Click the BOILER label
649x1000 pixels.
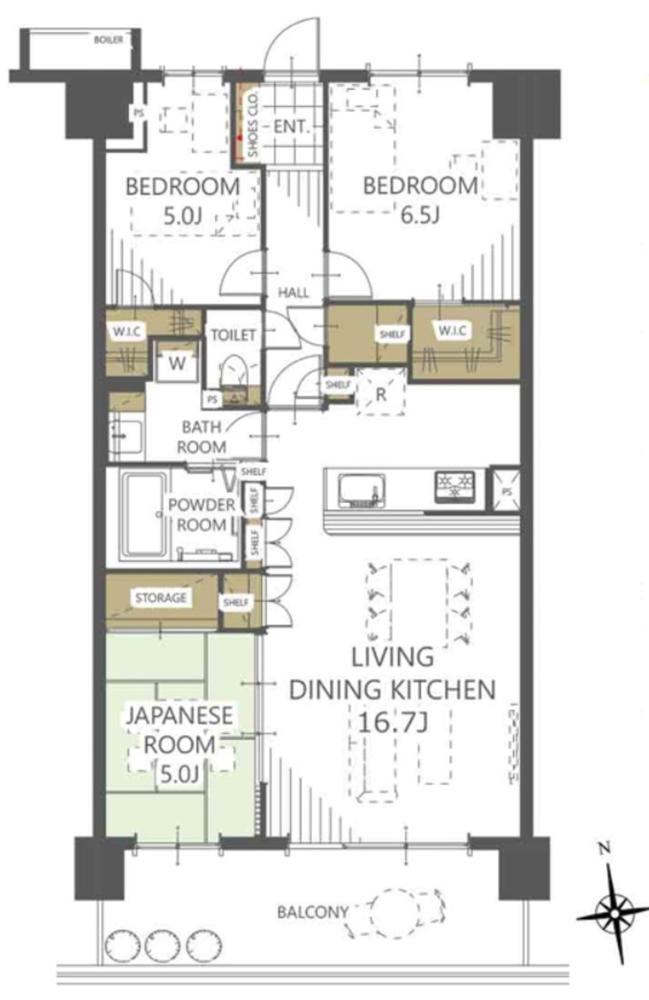click(108, 40)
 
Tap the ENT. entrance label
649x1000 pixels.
click(291, 127)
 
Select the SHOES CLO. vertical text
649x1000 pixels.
click(253, 124)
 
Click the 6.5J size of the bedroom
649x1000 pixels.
click(419, 215)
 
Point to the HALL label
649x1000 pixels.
click(293, 293)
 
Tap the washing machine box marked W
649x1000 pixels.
click(177, 362)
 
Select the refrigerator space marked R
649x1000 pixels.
click(381, 392)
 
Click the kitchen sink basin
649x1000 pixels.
click(362, 490)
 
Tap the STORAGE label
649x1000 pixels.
click(161, 598)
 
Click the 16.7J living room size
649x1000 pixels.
click(393, 723)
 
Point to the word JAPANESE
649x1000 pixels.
click(180, 715)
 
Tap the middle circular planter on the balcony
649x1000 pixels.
click(162, 936)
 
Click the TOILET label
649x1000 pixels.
click(234, 335)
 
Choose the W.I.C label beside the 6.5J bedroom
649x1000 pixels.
click(452, 330)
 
